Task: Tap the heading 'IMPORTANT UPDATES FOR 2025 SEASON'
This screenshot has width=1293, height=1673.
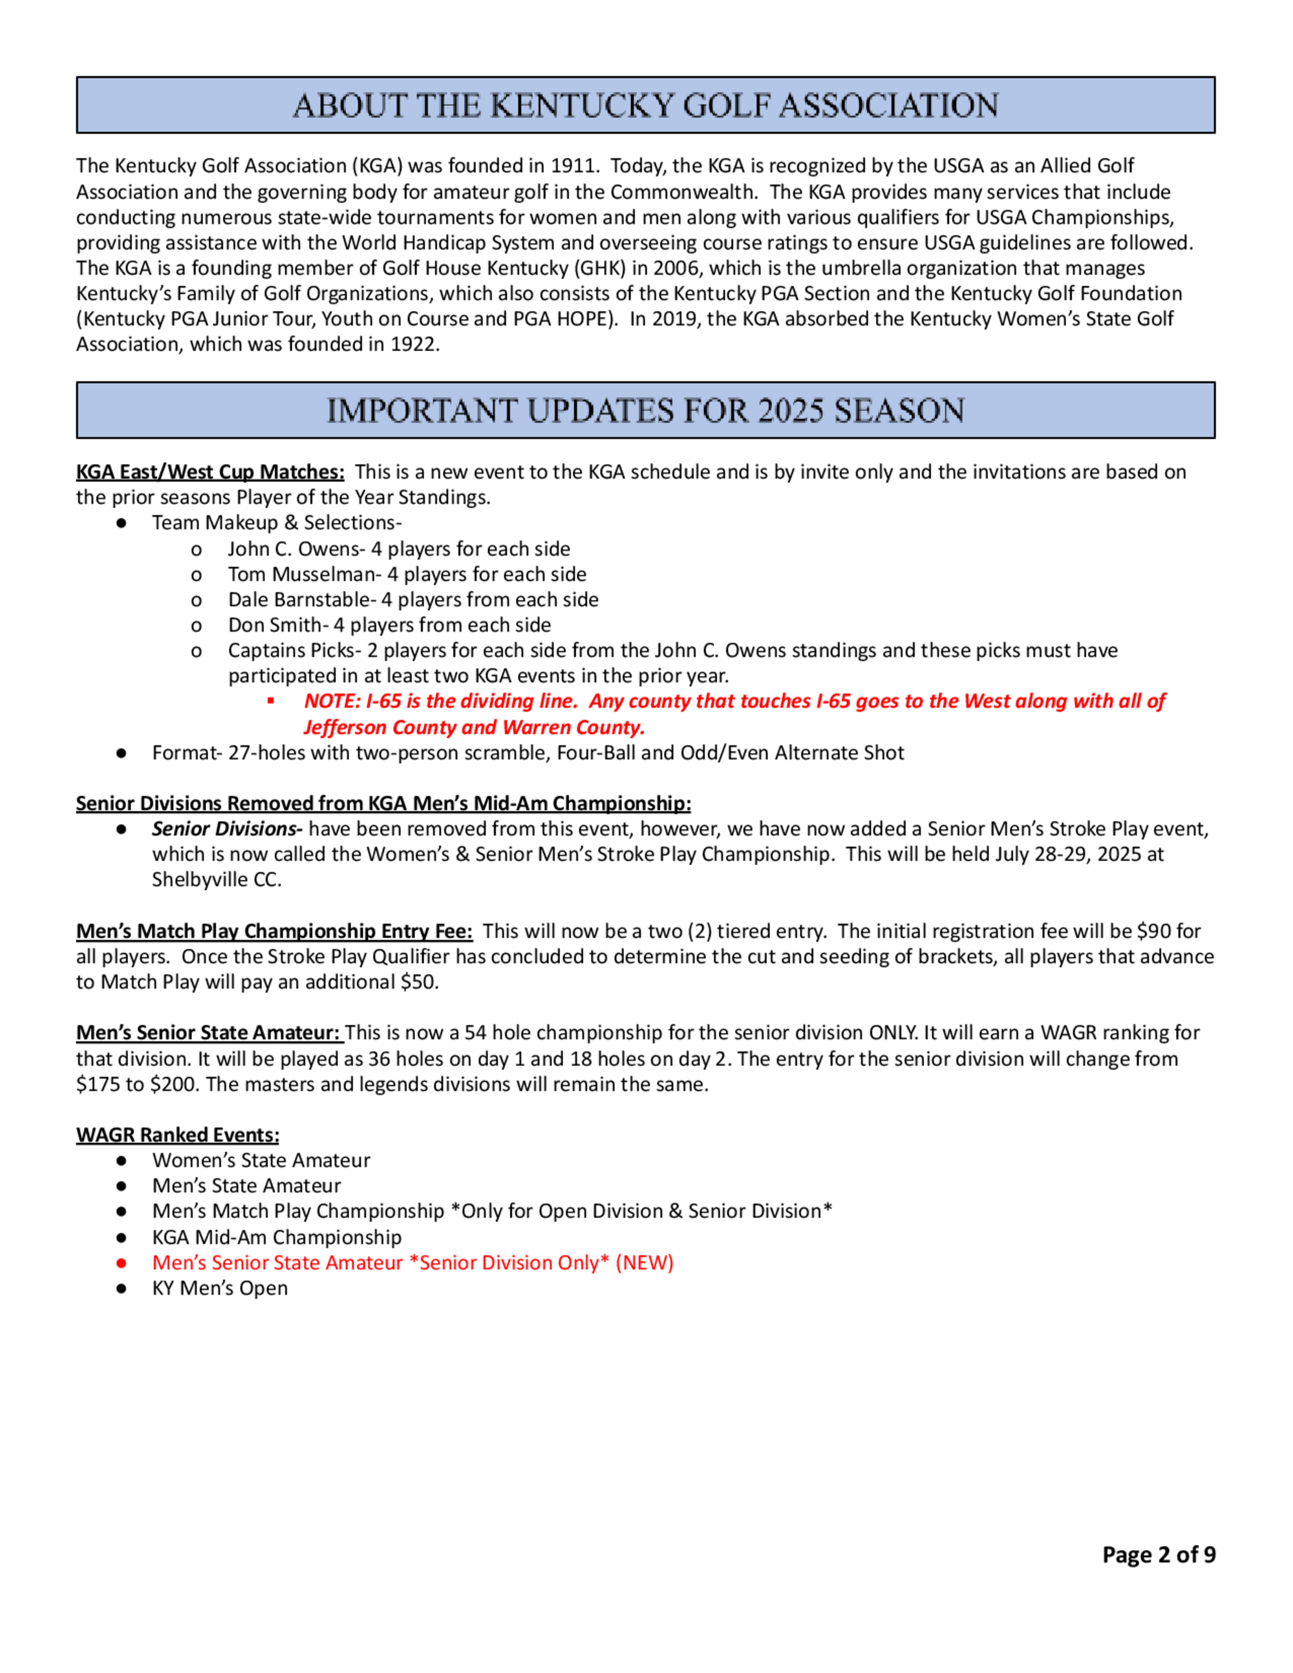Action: pos(645,410)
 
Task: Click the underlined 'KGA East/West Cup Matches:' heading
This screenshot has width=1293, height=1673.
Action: pos(210,472)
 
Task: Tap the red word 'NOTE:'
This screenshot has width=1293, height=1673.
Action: pos(332,701)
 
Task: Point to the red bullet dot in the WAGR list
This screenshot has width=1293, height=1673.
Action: pos(121,1263)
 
